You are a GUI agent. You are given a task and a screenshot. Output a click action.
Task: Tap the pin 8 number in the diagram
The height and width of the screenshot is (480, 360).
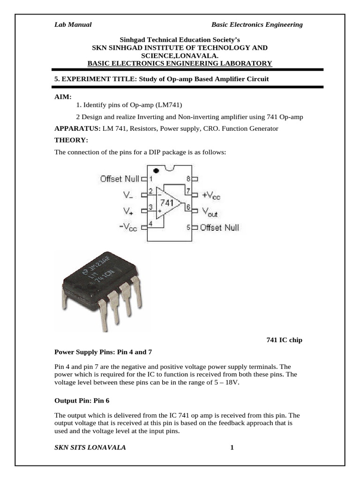click(188, 179)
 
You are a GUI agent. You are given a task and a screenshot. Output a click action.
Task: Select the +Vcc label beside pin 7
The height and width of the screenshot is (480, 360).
click(211, 195)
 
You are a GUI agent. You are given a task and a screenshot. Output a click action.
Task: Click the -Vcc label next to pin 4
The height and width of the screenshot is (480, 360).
click(128, 227)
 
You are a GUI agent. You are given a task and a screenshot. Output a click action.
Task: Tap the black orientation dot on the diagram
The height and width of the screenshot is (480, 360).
click(162, 170)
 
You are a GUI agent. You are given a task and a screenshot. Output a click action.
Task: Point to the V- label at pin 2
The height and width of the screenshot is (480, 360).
click(128, 195)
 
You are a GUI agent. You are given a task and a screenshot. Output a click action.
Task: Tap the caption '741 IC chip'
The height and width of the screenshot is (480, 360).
click(285, 340)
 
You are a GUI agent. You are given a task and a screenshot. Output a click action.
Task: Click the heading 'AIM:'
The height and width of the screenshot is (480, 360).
click(63, 96)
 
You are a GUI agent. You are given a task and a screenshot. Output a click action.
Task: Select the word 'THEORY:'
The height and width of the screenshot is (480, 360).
click(71, 140)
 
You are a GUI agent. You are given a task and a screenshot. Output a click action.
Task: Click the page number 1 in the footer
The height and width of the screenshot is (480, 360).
click(232, 448)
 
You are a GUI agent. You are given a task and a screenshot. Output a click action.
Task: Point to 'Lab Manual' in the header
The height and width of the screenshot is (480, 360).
click(73, 24)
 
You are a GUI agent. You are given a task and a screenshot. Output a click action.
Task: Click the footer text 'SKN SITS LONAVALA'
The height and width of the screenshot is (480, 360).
click(90, 448)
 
